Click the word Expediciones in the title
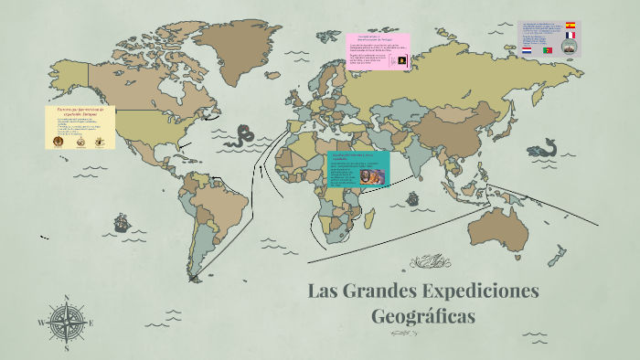tap(481, 293)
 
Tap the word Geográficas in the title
tap(424, 318)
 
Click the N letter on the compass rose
tap(66, 298)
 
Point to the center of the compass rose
tap(66, 323)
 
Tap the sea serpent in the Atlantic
tap(244, 136)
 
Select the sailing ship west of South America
tap(121, 222)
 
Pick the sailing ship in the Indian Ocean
tap(412, 198)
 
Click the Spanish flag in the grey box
tap(571, 26)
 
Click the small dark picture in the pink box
tap(401, 60)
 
